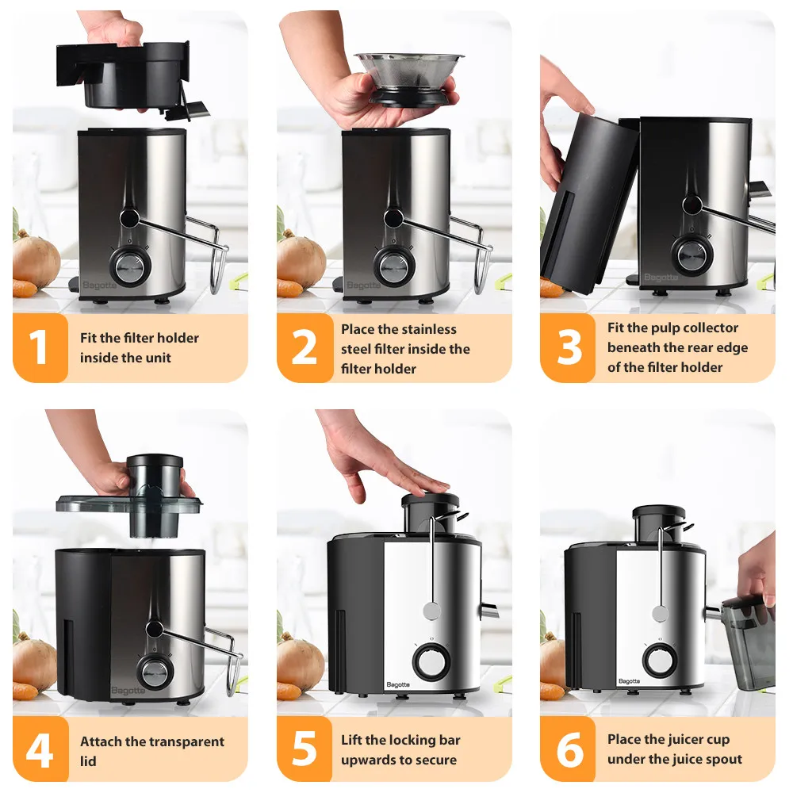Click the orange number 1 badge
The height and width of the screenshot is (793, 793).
(x=40, y=347)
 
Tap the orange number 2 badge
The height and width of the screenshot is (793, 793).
(x=305, y=347)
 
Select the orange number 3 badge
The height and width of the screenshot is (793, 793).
(x=568, y=347)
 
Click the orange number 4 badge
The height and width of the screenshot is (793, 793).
(x=40, y=750)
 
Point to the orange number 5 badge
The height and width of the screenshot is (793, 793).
(x=305, y=750)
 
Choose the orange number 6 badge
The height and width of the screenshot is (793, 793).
(x=568, y=750)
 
